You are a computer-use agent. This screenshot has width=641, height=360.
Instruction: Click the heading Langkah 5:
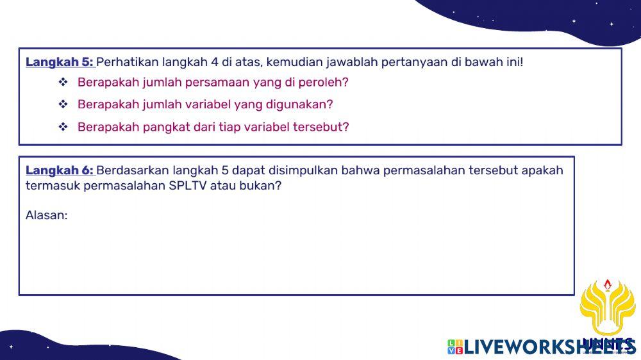[60, 62]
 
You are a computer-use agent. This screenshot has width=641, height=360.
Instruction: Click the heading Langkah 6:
[60, 170]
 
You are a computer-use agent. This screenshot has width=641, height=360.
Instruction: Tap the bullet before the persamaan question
[63, 83]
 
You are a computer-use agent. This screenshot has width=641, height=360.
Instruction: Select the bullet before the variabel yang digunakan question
[63, 104]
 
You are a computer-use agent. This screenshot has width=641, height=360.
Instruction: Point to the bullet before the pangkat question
[63, 127]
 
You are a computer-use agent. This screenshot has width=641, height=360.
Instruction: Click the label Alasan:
[46, 215]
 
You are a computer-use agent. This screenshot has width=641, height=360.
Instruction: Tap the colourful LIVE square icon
[454, 347]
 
